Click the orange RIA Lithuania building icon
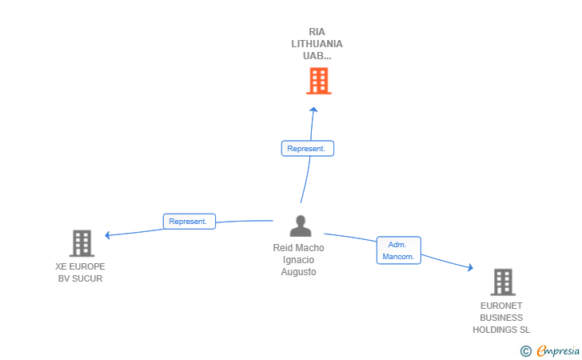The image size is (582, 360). click(x=318, y=81)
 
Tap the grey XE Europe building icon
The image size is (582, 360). click(x=82, y=242)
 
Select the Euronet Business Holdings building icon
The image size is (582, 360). click(x=502, y=282)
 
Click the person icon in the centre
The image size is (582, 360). click(x=301, y=226)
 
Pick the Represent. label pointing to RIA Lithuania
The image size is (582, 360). click(x=307, y=149)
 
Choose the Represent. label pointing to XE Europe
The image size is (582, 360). click(x=189, y=222)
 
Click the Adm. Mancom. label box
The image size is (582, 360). click(x=398, y=250)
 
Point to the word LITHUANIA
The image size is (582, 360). click(x=317, y=44)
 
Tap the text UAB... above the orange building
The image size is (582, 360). click(x=317, y=56)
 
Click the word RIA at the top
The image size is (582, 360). click(x=317, y=32)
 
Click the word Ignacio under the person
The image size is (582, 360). click(x=299, y=260)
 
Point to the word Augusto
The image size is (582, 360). click(x=299, y=272)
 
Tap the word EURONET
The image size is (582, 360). click(x=501, y=306)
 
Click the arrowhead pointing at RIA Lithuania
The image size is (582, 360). click(x=313, y=110)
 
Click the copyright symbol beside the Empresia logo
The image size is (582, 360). click(x=525, y=350)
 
